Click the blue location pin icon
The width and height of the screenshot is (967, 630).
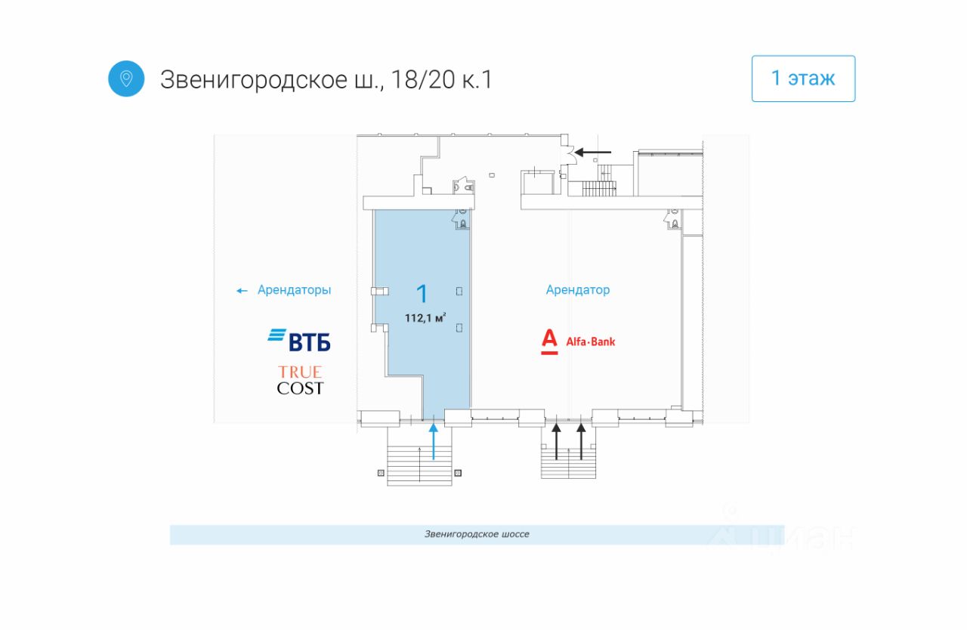pyautogui.click(x=126, y=79)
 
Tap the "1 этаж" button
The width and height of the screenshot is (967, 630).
pyautogui.click(x=803, y=79)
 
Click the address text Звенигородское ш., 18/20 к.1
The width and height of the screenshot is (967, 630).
pyautogui.click(x=326, y=79)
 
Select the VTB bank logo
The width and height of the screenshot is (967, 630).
pyautogui.click(x=299, y=340)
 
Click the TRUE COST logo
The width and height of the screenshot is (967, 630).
pyautogui.click(x=300, y=380)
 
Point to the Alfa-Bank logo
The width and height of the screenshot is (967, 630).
pyautogui.click(x=578, y=341)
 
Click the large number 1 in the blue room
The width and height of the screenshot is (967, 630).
pyautogui.click(x=423, y=294)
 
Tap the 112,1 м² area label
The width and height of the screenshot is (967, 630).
pyautogui.click(x=425, y=318)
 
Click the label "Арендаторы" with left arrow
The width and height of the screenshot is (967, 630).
pyautogui.click(x=294, y=290)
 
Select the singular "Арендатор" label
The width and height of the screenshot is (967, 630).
pyautogui.click(x=578, y=290)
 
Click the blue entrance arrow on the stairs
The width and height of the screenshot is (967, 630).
pyautogui.click(x=434, y=442)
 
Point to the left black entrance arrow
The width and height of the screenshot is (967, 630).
pyautogui.click(x=557, y=442)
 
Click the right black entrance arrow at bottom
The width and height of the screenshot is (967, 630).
pyautogui.click(x=582, y=442)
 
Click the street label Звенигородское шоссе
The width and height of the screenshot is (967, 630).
pyautogui.click(x=477, y=534)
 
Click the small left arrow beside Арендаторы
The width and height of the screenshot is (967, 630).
pyautogui.click(x=242, y=291)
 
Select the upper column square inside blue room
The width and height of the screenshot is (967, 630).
pyautogui.click(x=459, y=291)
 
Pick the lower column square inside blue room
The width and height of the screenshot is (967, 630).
pyautogui.click(x=459, y=327)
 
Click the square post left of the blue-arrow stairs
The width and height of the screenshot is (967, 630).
pyautogui.click(x=381, y=473)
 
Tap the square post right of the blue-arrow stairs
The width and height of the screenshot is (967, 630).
pyautogui.click(x=458, y=473)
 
